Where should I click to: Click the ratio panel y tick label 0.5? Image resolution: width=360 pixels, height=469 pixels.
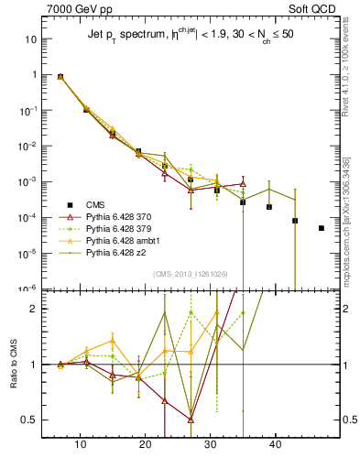tap(29, 420)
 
